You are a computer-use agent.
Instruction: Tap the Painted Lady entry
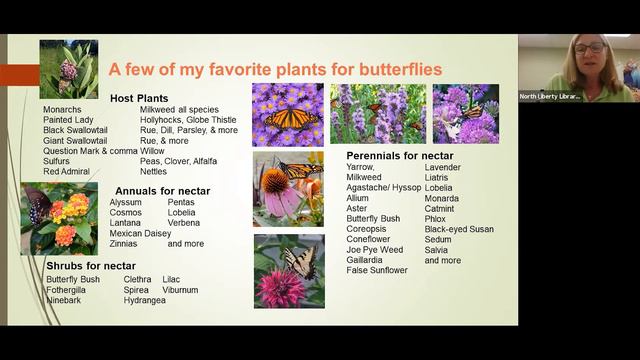(68, 120)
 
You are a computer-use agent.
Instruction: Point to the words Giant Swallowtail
(75, 141)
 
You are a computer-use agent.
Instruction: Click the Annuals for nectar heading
(162, 190)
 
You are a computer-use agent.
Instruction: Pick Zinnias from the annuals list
(124, 243)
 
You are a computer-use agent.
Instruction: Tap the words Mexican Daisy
(140, 233)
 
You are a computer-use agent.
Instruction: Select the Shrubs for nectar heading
(91, 265)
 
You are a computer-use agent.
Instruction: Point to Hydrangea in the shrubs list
(145, 300)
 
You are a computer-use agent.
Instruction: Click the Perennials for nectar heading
(400, 156)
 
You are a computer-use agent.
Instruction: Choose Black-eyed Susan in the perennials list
(459, 229)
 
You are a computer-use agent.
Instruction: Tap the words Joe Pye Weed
(375, 250)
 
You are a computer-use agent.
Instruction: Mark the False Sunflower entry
(377, 270)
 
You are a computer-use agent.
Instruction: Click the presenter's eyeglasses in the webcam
(590, 47)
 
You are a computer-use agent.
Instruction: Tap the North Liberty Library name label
(550, 96)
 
